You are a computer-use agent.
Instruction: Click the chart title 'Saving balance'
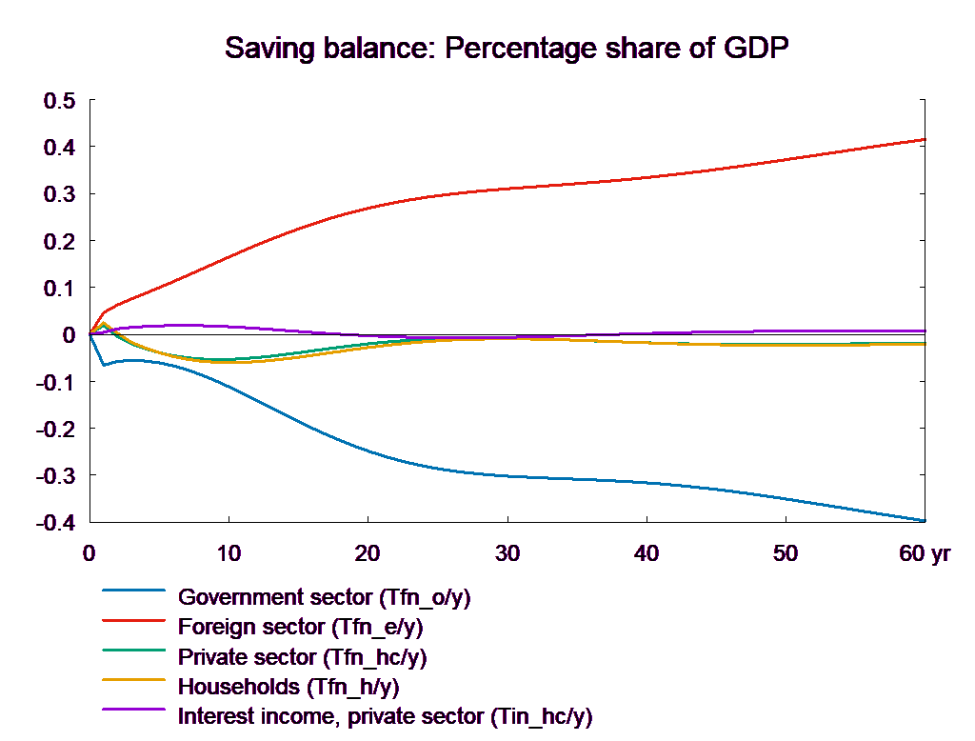tap(508, 49)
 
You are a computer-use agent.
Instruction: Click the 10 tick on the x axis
tap(229, 553)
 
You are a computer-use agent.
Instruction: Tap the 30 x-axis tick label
tap(507, 553)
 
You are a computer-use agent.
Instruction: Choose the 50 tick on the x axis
tap(786, 553)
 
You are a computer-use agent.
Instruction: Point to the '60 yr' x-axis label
tap(924, 553)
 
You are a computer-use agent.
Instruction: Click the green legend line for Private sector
tap(136, 657)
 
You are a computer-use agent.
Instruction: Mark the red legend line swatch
tap(136, 628)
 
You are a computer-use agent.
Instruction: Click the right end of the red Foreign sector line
tap(925, 139)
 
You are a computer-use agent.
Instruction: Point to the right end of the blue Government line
tap(925, 520)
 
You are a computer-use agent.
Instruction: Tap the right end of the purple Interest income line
tap(925, 330)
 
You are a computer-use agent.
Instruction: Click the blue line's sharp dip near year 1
tap(104, 365)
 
